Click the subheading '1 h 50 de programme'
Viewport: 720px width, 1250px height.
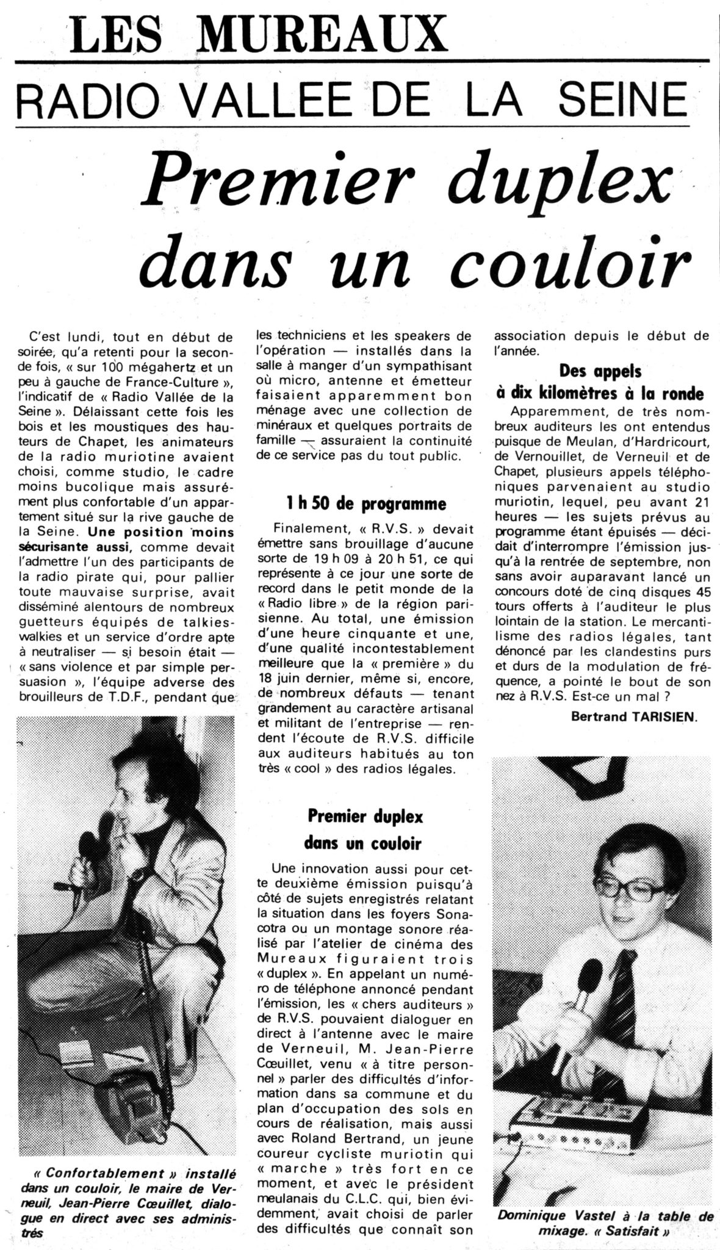click(359, 504)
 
